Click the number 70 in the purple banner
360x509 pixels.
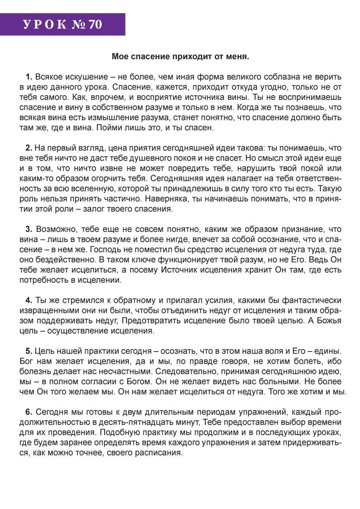(95, 25)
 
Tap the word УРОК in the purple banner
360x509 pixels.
(45, 25)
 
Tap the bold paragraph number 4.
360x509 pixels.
(29, 300)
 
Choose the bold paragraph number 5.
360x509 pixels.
(29, 351)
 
